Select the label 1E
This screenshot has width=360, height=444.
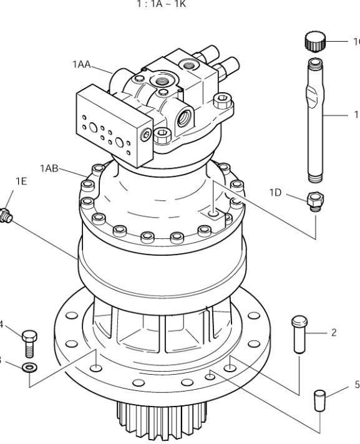pos(21,181)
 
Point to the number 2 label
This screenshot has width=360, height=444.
pos(334,333)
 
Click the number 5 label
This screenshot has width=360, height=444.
pos(356,385)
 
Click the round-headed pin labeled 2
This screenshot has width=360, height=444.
pos(298,333)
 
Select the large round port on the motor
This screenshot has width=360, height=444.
pos(184,118)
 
